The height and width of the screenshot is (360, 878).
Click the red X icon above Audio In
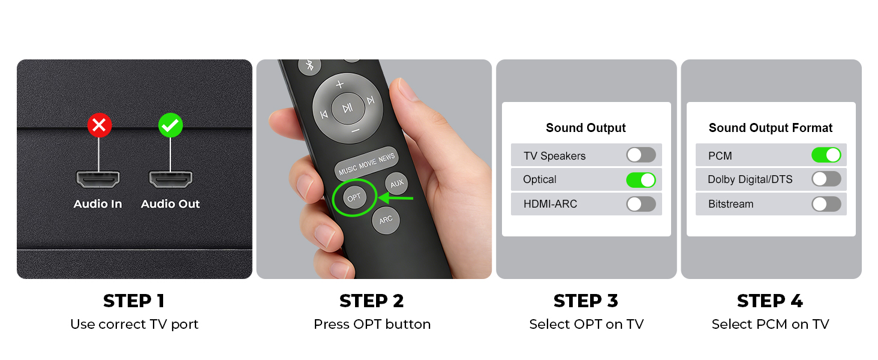[x=99, y=125]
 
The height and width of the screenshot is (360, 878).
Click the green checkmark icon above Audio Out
[x=170, y=125]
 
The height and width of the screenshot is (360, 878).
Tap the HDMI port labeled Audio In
[x=98, y=179]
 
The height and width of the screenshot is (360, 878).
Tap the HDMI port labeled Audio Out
[x=170, y=179]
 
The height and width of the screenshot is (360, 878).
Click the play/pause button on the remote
[x=348, y=108]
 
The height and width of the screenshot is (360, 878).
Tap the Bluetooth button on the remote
[x=309, y=65]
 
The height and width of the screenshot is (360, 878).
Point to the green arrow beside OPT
[x=395, y=197]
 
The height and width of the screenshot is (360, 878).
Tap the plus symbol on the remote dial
[x=340, y=84]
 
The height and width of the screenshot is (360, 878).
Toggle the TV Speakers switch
[x=641, y=155]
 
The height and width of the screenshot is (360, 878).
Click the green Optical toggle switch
[x=641, y=180]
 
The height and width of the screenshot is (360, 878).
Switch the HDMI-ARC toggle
[x=641, y=204]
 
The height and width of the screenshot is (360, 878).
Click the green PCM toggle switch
[x=826, y=155]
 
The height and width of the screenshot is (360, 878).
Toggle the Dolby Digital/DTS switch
[x=826, y=179]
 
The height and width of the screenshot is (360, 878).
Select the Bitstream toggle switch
[x=826, y=204]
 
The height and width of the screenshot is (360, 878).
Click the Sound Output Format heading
[x=771, y=128]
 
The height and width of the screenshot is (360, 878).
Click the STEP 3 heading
[x=586, y=301]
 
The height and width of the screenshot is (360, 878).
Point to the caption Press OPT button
[x=372, y=325]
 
